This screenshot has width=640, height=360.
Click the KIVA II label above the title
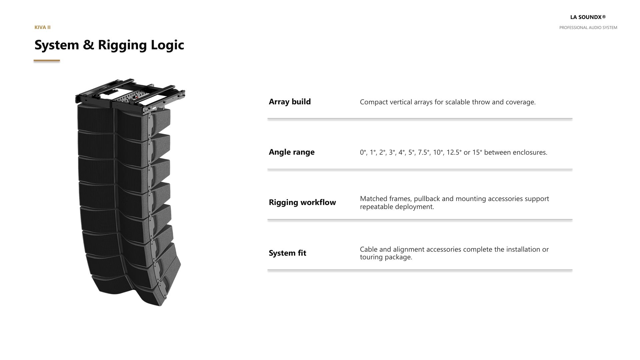pos(42,27)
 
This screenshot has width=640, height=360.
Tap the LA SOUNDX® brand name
pos(588,17)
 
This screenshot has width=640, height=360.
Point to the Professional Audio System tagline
pos(588,28)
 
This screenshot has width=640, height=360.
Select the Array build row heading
pos(290,102)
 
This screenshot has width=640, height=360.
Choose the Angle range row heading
pos(292,152)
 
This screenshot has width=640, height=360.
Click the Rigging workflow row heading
pos(302,202)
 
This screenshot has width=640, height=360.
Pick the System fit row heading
pos(287,253)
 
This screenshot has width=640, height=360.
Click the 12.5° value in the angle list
pos(454,152)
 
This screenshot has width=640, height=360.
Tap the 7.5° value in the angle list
pos(424,152)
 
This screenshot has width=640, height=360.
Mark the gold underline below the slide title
pos(47,61)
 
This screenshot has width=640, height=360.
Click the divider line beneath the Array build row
pos(420,119)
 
